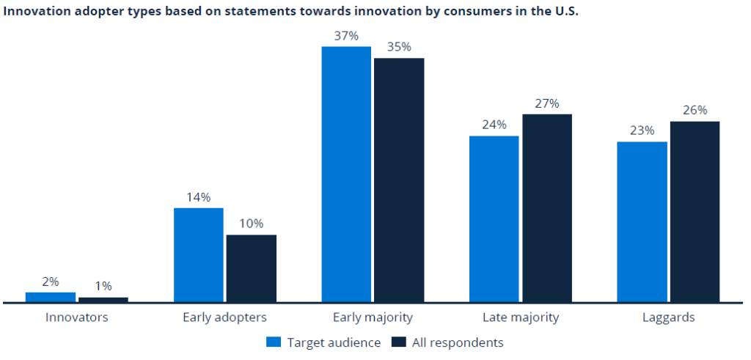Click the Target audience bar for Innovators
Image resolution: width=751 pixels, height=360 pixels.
coord(51,297)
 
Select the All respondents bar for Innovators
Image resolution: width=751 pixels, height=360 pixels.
coord(103,299)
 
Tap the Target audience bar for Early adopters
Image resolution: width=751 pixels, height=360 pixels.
coord(199,254)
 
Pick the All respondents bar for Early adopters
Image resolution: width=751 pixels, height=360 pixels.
coord(252,268)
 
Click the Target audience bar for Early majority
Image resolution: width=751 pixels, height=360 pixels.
coord(346,174)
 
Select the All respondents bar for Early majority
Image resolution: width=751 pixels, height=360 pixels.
coord(399,180)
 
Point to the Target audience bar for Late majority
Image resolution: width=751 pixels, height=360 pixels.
coord(494,218)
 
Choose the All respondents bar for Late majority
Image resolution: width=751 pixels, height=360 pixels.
coord(547,207)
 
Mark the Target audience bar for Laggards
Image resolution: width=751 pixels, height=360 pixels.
coord(642,221)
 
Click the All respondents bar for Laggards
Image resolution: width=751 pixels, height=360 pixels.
coord(695,211)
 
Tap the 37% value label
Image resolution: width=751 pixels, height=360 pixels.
coord(346,36)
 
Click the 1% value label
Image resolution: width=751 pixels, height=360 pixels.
coord(103,287)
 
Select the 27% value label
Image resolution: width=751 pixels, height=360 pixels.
coord(547,103)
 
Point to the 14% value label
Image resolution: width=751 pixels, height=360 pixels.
coord(199,197)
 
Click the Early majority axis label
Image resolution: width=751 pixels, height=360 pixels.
coord(373,317)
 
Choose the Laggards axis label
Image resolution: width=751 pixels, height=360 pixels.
coord(669,317)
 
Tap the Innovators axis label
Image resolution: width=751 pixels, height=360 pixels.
coord(77,317)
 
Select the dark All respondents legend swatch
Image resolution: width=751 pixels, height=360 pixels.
coord(400,342)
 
